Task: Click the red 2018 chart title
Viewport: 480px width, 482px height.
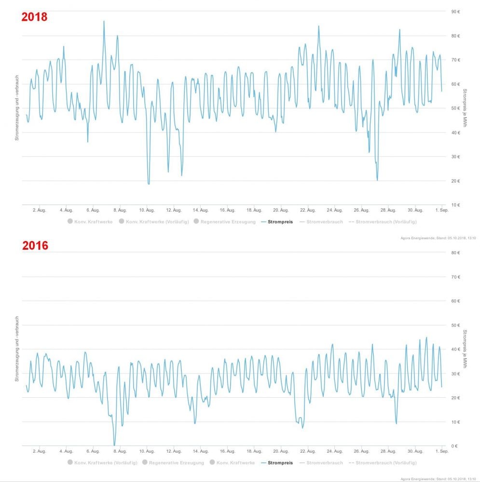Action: click(34, 17)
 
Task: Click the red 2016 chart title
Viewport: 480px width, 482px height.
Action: click(35, 245)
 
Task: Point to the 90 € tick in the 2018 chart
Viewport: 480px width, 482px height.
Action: click(455, 12)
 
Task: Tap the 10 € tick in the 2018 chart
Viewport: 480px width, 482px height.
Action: click(455, 205)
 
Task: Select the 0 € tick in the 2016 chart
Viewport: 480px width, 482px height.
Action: click(455, 446)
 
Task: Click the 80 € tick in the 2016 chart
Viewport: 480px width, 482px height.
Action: click(455, 252)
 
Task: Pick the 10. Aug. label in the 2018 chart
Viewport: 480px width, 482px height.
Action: click(147, 210)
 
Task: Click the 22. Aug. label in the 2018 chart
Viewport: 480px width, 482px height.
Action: click(308, 210)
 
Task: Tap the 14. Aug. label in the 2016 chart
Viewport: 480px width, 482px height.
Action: click(200, 451)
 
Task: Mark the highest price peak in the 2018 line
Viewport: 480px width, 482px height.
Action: click(104, 21)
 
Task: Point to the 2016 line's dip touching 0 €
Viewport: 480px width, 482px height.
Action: click(114, 445)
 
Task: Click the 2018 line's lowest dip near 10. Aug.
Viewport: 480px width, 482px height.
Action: click(149, 184)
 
